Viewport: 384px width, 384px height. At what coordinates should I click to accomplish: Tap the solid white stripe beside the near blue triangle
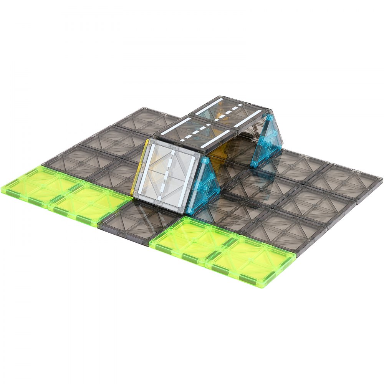pos(194,177)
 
